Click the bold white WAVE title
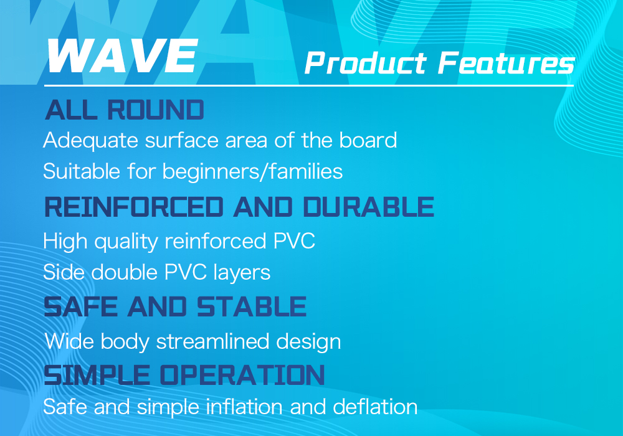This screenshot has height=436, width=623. pos(122,56)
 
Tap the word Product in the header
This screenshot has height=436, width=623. pos(366,63)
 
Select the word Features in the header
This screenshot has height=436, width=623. pos(506,63)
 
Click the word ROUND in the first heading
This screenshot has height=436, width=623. pos(156,110)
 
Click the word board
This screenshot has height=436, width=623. pos(368,140)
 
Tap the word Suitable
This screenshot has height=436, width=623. pos(82,171)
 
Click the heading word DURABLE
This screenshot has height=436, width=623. pos(368,207)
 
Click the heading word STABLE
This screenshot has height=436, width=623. pos(252,306)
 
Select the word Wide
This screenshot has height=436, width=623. pos(70,341)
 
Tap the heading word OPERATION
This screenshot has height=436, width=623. pos(242,375)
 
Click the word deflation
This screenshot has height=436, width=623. pos(375,407)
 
